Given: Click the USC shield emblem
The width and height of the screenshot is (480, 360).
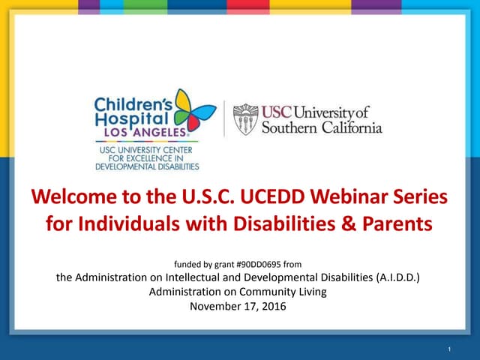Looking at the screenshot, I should coord(244,119).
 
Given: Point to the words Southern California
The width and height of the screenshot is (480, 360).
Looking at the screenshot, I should coord(322,127).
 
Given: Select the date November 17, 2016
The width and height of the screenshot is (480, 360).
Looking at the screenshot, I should coord(239,307).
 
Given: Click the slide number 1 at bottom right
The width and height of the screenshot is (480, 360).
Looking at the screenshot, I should coord(448,349).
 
